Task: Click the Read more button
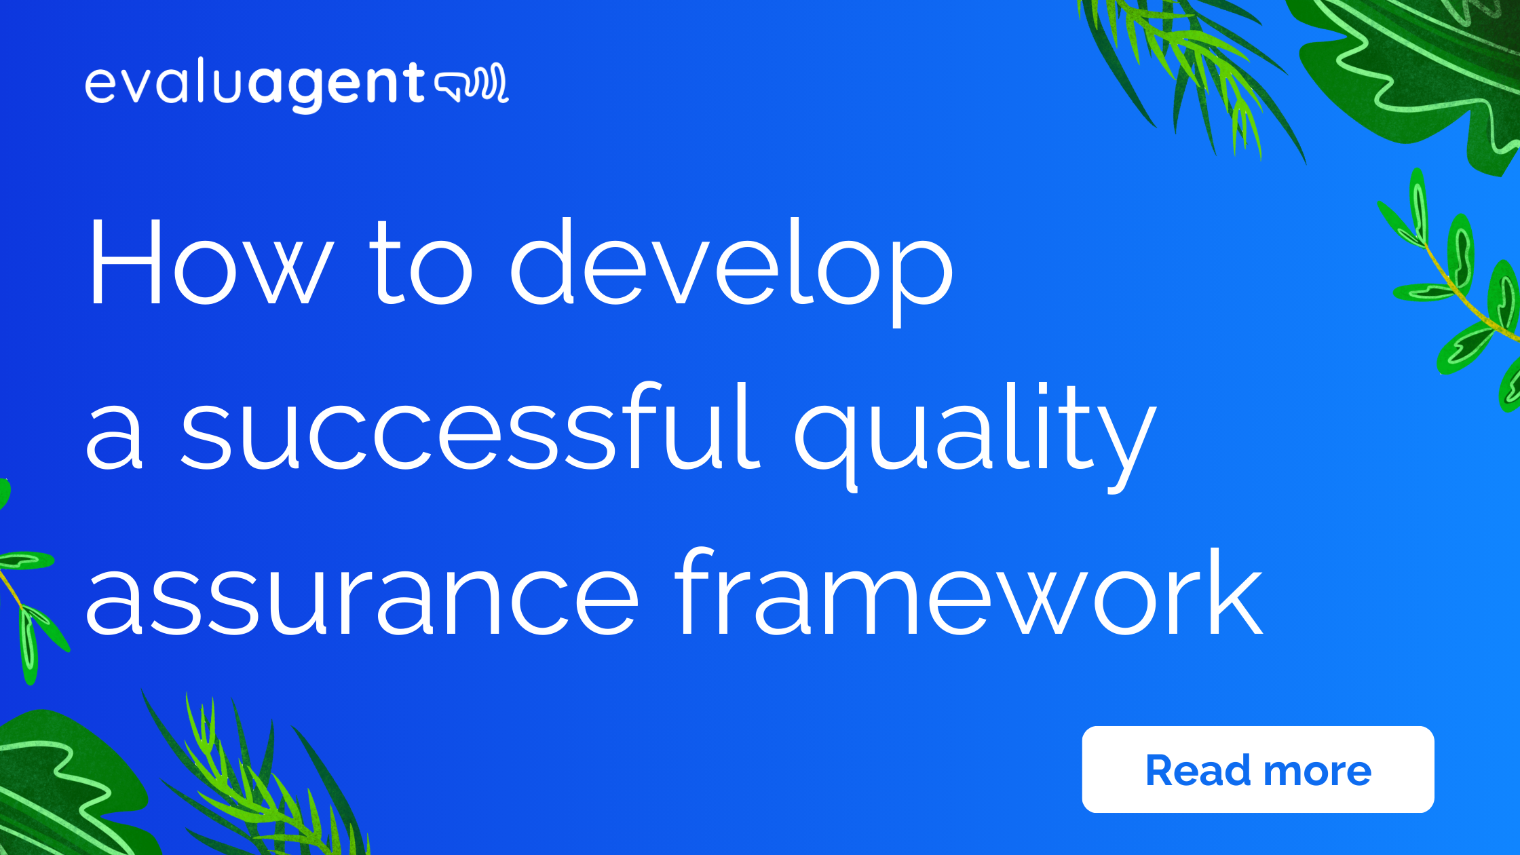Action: click(1257, 769)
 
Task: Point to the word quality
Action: click(974, 434)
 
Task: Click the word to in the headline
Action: click(421, 265)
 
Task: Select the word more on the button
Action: click(1317, 771)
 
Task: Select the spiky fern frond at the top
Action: click(1194, 68)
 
